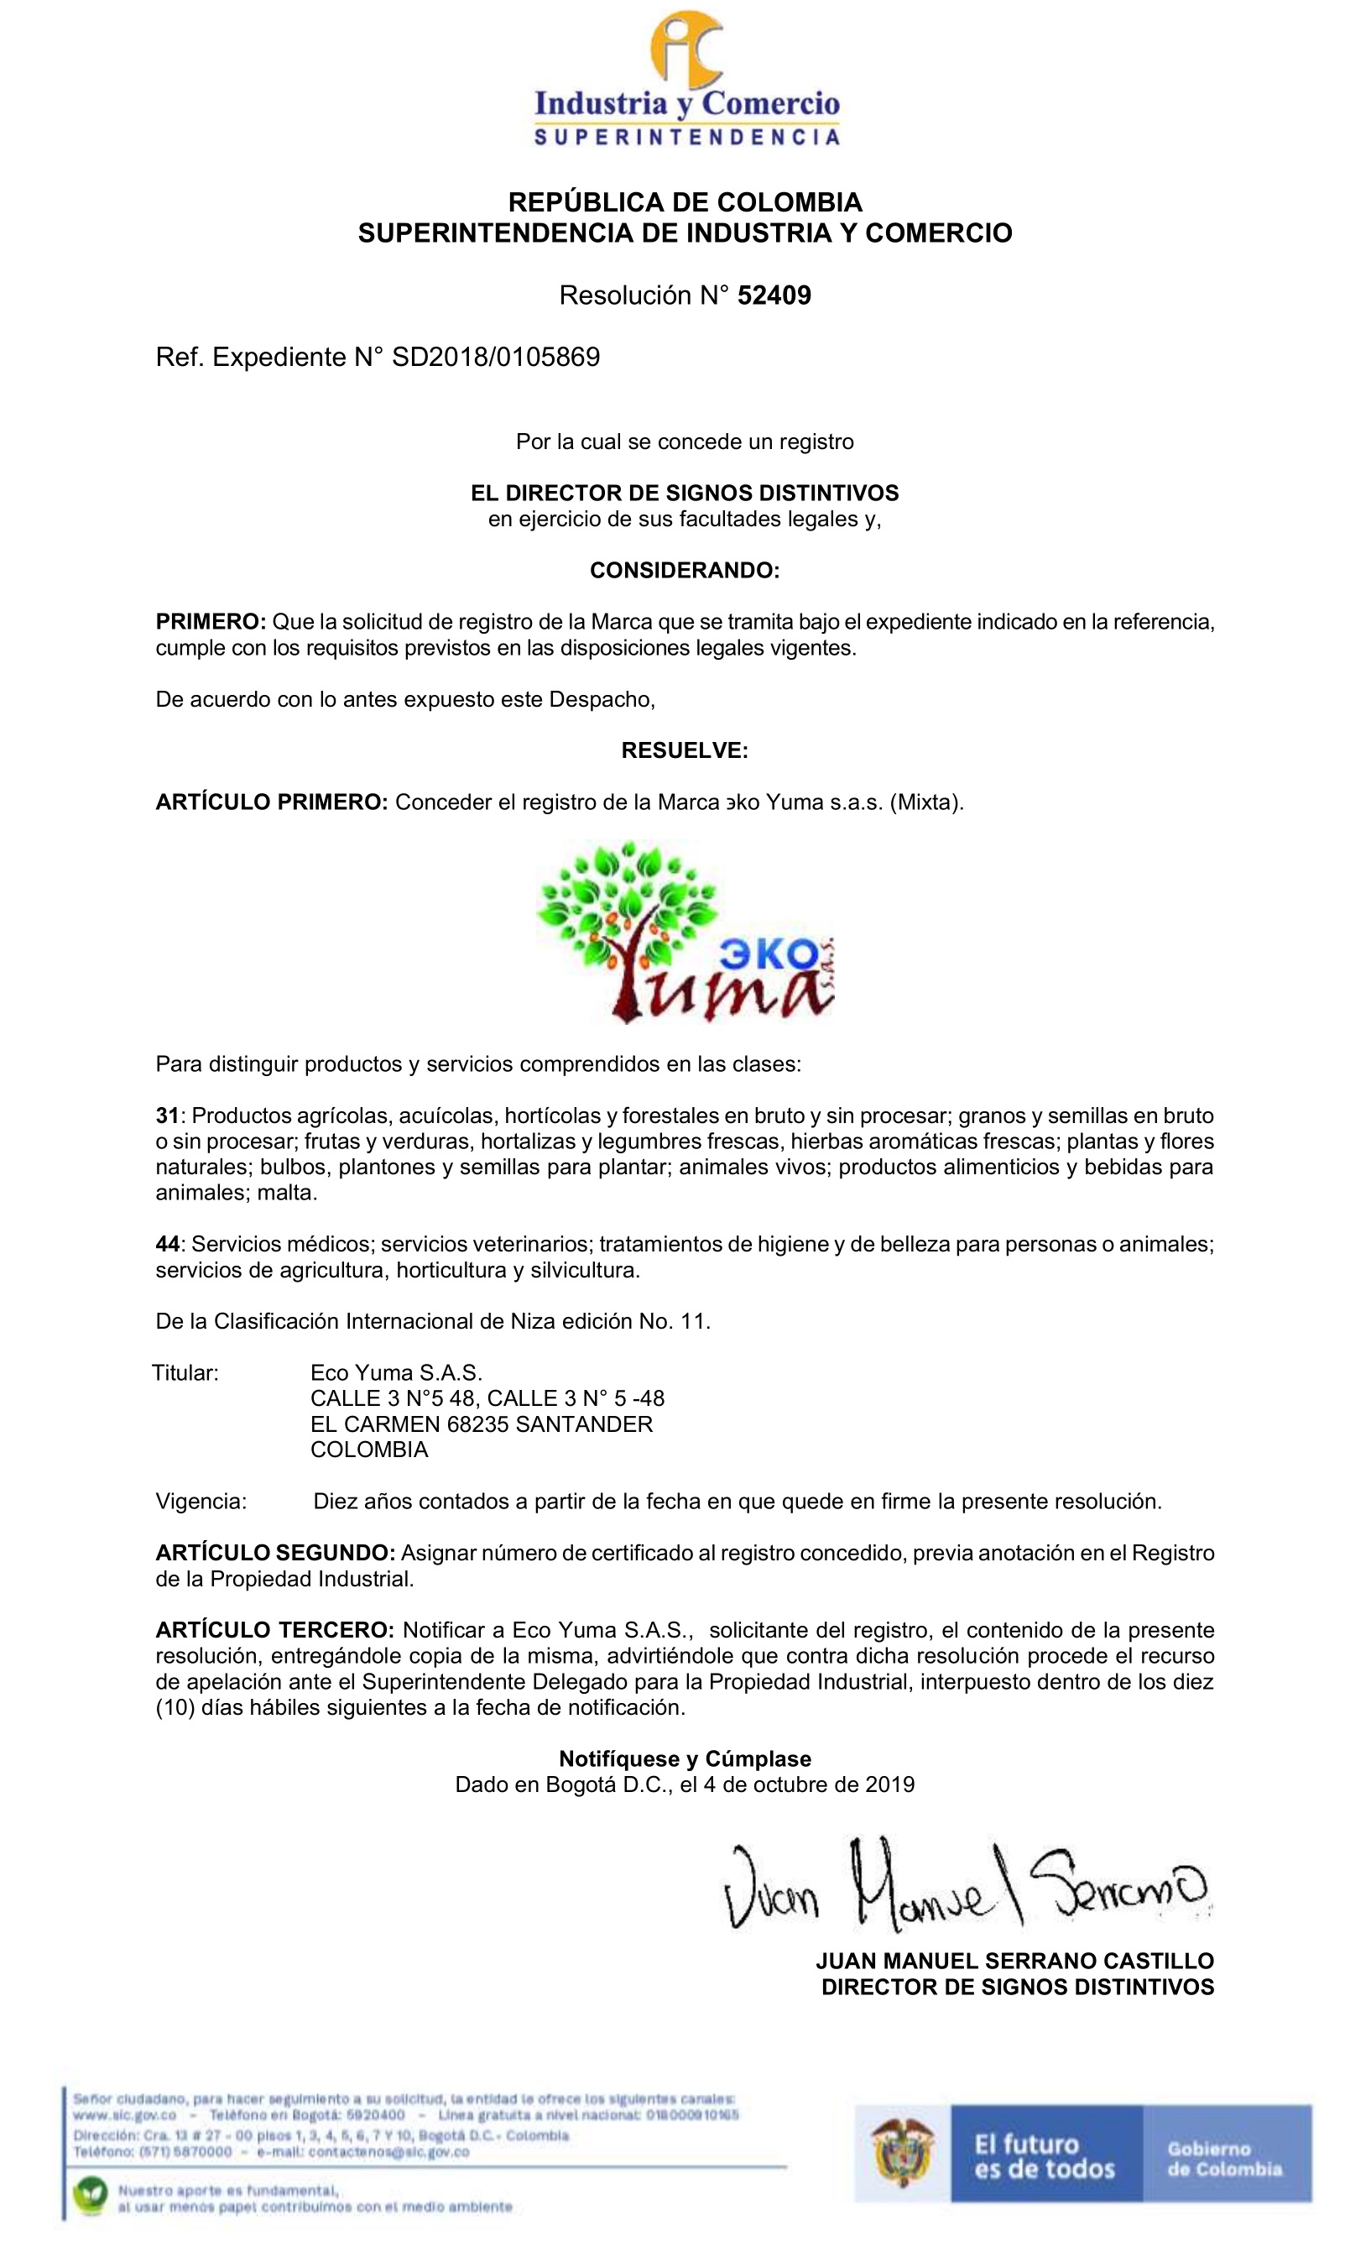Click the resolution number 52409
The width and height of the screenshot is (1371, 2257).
click(x=774, y=295)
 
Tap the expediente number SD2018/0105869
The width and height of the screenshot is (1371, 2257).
click(x=496, y=358)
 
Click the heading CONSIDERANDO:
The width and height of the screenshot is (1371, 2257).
click(x=684, y=571)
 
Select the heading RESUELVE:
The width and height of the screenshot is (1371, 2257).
click(x=684, y=751)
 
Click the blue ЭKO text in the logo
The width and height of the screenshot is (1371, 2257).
click(x=769, y=955)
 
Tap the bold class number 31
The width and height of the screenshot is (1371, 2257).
click(x=167, y=1115)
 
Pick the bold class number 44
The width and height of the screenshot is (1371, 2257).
click(x=167, y=1244)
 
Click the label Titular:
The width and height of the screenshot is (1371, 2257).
click(x=185, y=1372)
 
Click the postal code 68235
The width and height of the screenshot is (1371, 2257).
click(x=478, y=1424)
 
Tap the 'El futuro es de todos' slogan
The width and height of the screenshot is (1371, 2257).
click(x=1044, y=2156)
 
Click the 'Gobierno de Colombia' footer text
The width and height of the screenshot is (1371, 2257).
click(x=1223, y=2158)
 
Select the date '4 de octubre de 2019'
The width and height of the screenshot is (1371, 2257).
click(x=809, y=1784)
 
